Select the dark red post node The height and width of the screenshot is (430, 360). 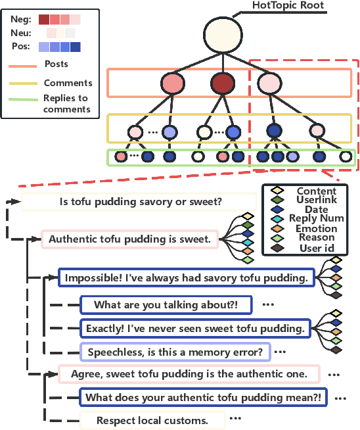click(x=223, y=84)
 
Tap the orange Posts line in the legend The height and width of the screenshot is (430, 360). click(x=23, y=66)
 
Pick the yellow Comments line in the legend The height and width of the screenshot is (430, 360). click(x=23, y=84)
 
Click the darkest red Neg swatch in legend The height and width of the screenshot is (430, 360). click(x=43, y=20)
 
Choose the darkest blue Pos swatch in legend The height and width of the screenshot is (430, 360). click(x=75, y=47)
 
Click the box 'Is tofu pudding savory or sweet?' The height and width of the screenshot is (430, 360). click(x=139, y=202)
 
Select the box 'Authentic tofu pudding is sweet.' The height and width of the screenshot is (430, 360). click(x=129, y=239)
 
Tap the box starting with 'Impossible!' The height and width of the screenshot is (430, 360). click(x=185, y=278)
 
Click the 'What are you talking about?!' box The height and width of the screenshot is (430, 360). click(x=165, y=305)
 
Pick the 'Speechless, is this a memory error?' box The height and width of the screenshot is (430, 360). click(x=175, y=352)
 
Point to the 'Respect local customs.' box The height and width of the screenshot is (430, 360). click(x=152, y=420)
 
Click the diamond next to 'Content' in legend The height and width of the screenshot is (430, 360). click(x=276, y=192)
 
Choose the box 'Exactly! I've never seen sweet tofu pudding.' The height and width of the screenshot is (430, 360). click(x=195, y=327)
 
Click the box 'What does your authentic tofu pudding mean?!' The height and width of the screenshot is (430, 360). click(x=204, y=397)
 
